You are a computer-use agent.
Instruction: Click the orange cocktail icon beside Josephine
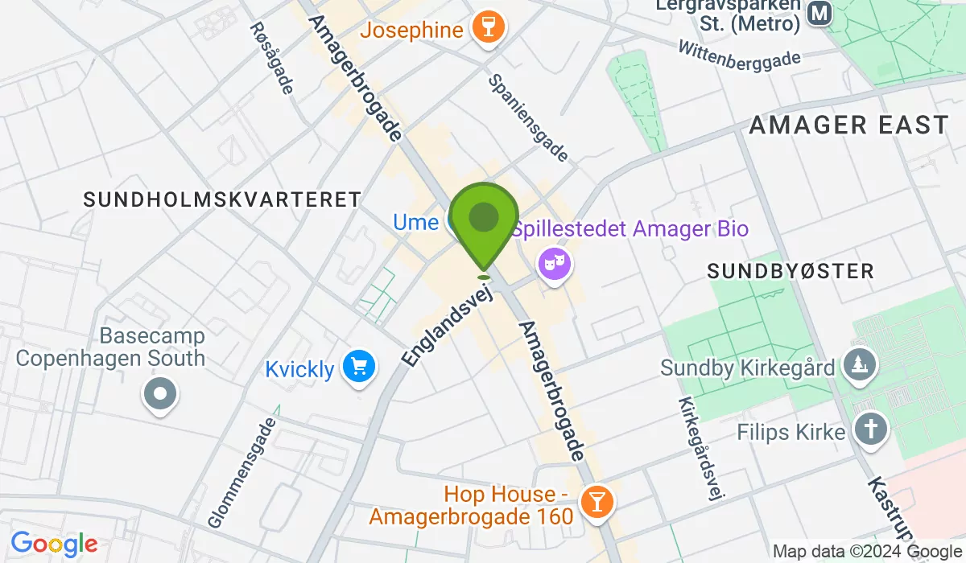(x=487, y=30)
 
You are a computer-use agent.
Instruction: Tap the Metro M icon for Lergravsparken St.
(x=819, y=14)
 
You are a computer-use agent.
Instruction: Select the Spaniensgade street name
(x=529, y=118)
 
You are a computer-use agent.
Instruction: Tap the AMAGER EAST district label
(x=849, y=125)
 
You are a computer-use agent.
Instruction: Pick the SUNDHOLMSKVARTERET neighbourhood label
(x=222, y=199)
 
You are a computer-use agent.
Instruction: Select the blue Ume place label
(x=415, y=221)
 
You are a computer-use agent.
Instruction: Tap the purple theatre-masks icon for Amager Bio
(x=555, y=262)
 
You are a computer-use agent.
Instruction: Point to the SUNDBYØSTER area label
(x=791, y=271)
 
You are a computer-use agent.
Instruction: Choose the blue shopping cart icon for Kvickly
(x=358, y=368)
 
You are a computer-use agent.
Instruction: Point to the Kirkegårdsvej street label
(x=697, y=450)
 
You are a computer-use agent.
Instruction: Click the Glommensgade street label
(x=242, y=471)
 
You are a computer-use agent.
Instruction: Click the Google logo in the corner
(x=54, y=544)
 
